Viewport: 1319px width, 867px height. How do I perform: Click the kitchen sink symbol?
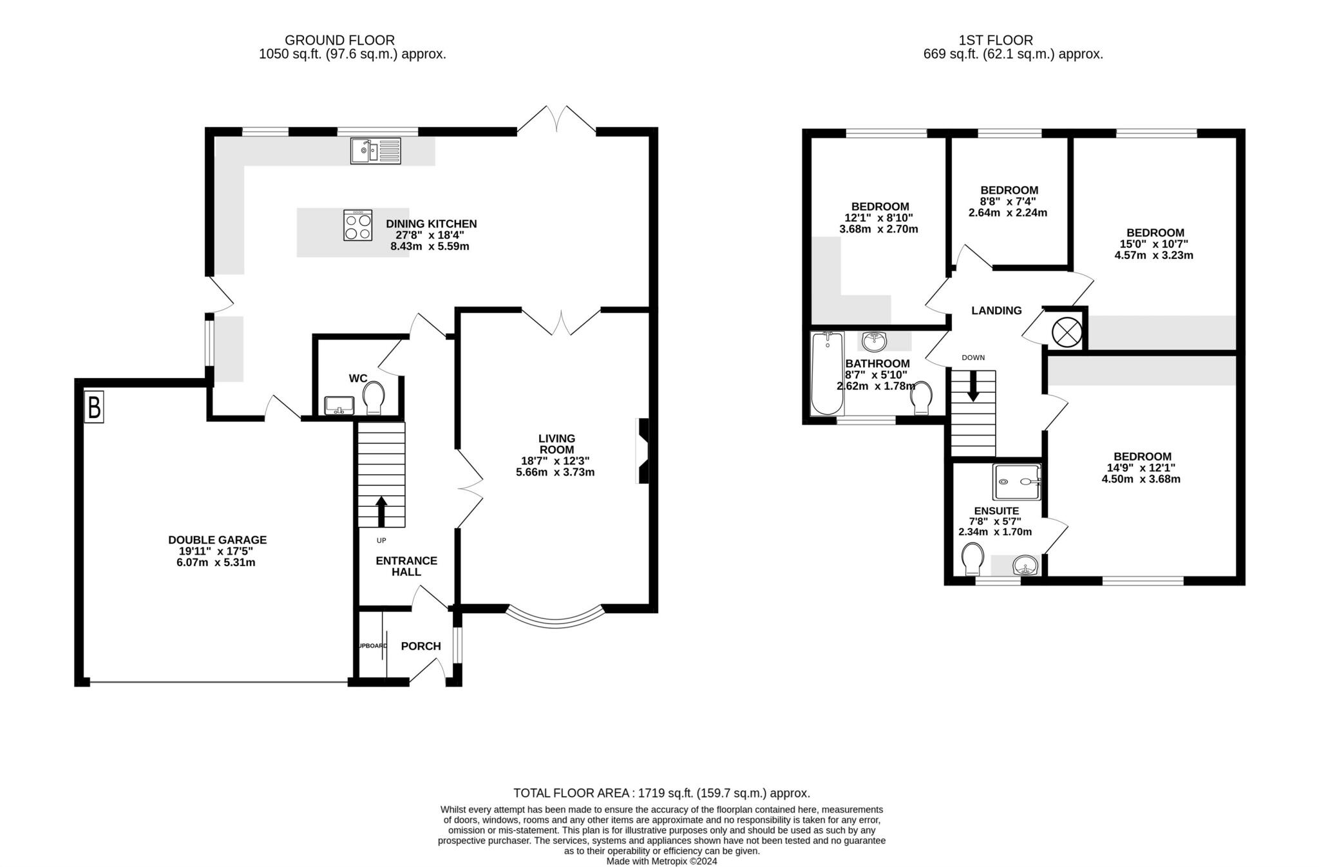pyautogui.click(x=375, y=151)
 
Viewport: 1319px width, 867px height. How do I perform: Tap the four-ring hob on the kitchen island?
pyautogui.click(x=358, y=225)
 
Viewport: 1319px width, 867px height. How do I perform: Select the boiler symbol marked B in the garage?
pyautogui.click(x=94, y=408)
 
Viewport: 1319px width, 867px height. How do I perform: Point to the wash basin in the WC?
pyautogui.click(x=339, y=406)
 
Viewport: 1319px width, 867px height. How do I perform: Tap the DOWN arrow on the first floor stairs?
pyautogui.click(x=973, y=386)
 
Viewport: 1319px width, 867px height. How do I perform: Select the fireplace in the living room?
pyautogui.click(x=643, y=451)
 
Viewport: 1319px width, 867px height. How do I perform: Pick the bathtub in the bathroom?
pyautogui.click(x=828, y=374)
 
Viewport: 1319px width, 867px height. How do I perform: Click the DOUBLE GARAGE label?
pyautogui.click(x=217, y=540)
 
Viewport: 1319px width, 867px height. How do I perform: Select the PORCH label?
pyautogui.click(x=421, y=646)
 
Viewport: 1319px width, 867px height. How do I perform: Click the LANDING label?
pyautogui.click(x=996, y=310)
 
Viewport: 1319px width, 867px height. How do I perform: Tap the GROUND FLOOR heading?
pyautogui.click(x=340, y=41)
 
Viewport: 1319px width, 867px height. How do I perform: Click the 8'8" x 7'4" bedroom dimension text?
pyautogui.click(x=1009, y=202)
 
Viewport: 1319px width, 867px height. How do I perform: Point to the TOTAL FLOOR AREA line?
pyautogui.click(x=661, y=794)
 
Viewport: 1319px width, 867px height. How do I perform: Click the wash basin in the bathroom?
pyautogui.click(x=874, y=340)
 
